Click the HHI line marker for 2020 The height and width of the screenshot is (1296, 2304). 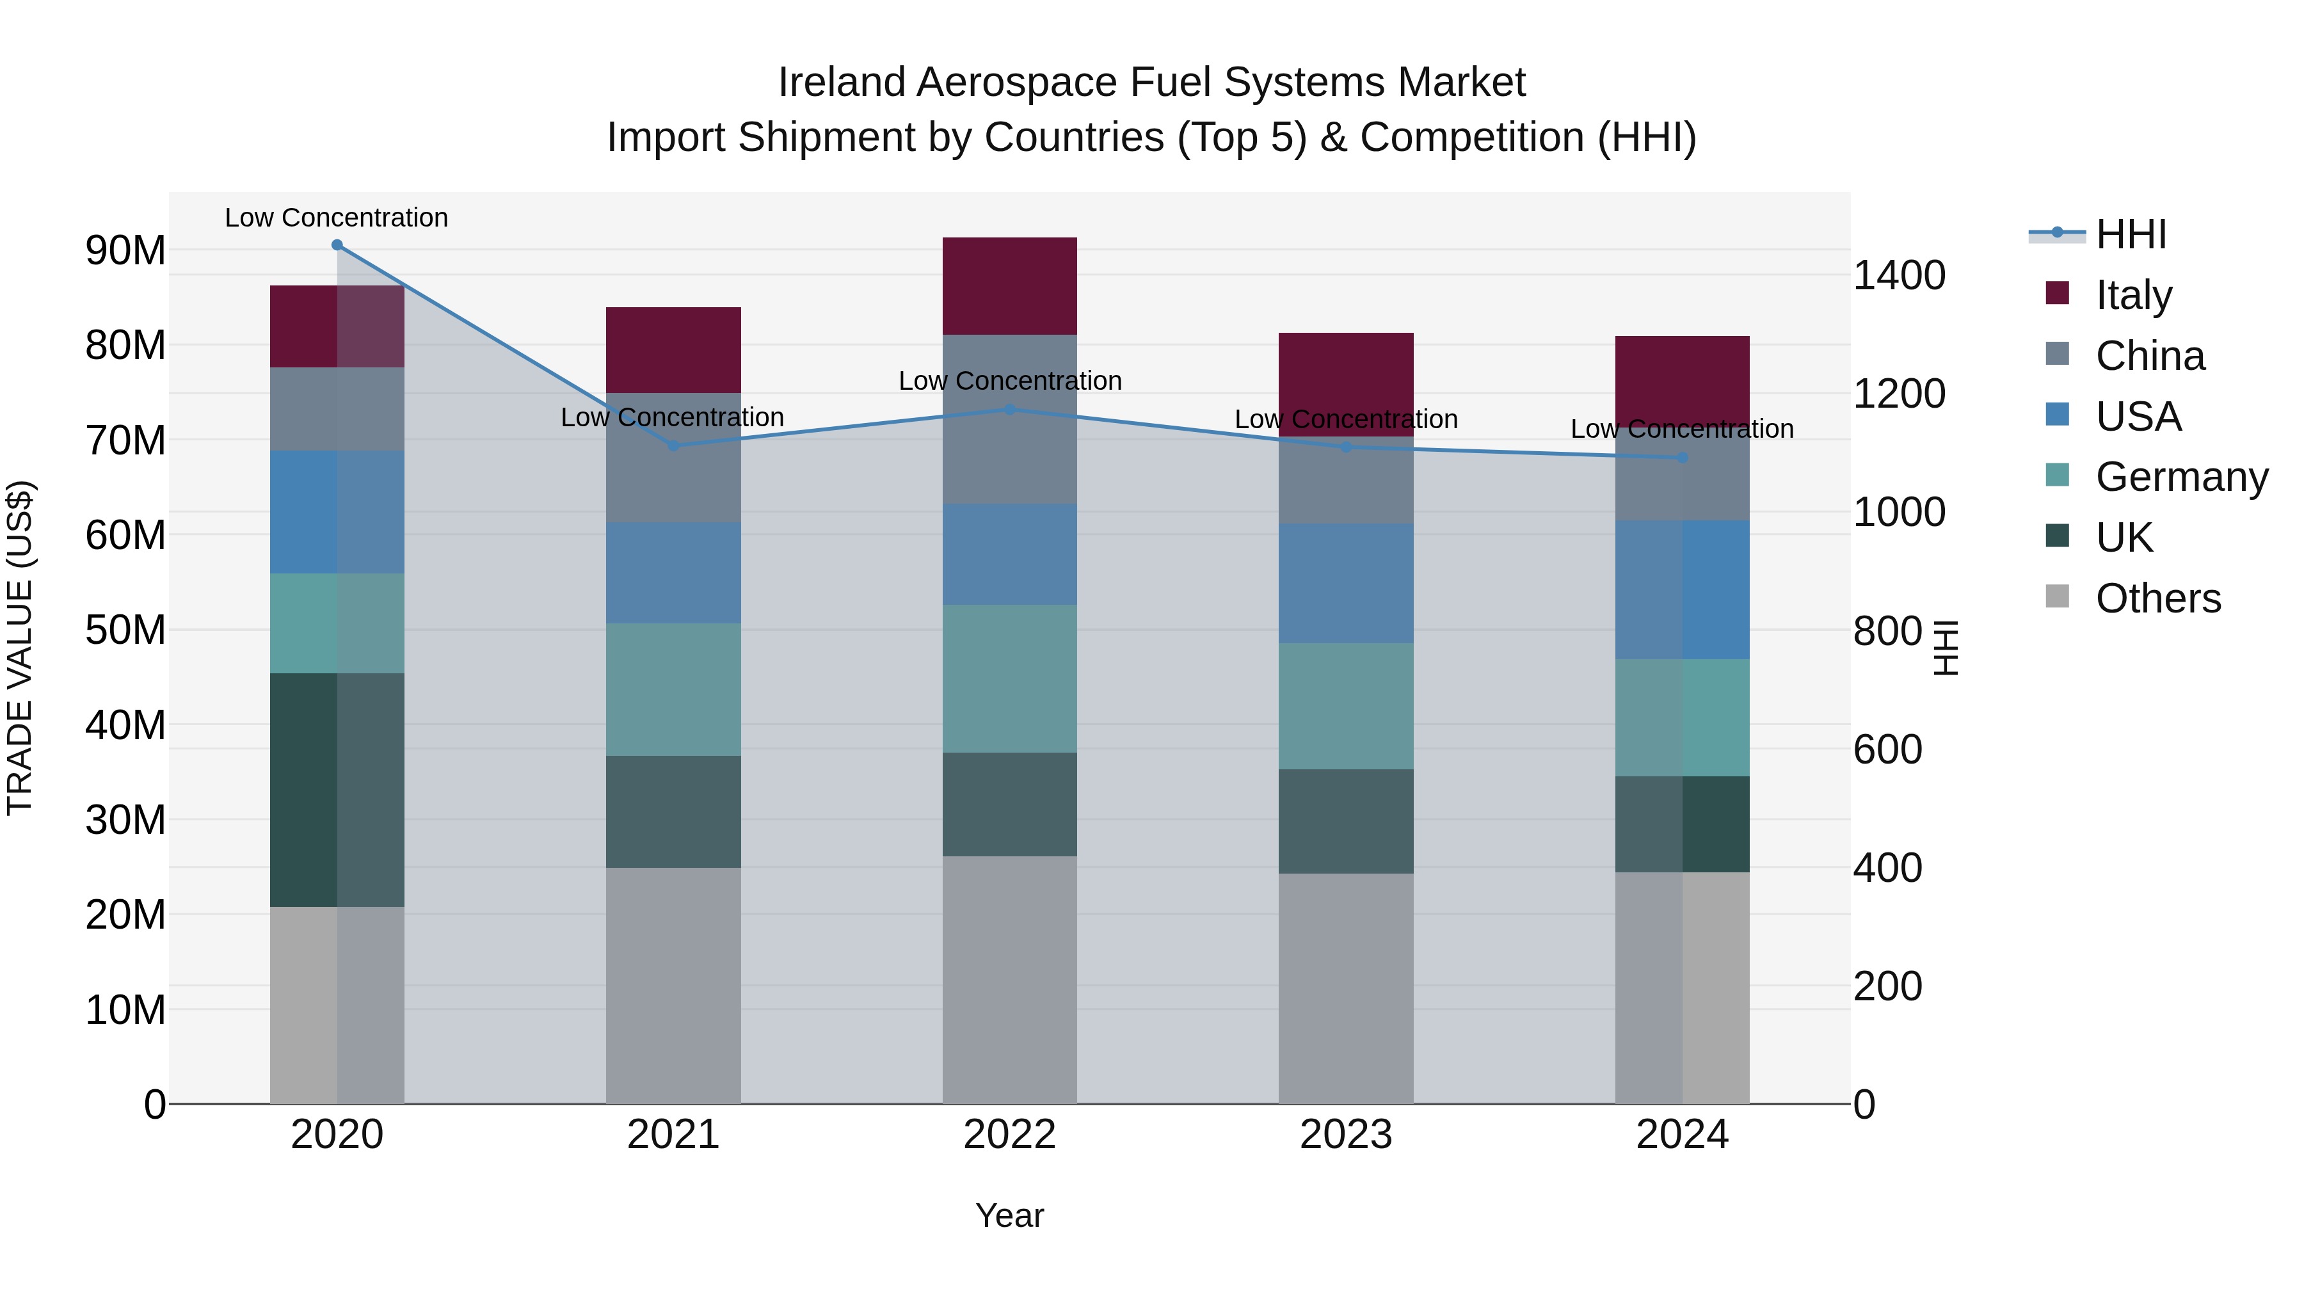(x=337, y=245)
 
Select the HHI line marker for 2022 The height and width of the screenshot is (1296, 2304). (x=1010, y=410)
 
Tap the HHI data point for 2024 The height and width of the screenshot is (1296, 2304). (x=1683, y=458)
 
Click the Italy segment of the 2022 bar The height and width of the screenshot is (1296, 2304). (x=1010, y=286)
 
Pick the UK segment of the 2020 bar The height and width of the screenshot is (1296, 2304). (x=337, y=790)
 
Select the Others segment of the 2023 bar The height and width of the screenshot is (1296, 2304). (x=1346, y=988)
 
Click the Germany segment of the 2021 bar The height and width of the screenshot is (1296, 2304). (x=673, y=689)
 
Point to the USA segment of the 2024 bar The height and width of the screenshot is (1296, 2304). (x=1683, y=590)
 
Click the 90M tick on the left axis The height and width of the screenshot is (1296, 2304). (x=125, y=250)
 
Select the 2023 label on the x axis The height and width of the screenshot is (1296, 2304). (x=1346, y=1135)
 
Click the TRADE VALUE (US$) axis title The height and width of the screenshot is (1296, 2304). (x=20, y=648)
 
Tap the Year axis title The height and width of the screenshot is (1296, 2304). (x=1010, y=1215)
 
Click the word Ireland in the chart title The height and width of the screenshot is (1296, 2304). (x=841, y=83)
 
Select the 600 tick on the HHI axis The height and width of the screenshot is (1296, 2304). (x=1887, y=749)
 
